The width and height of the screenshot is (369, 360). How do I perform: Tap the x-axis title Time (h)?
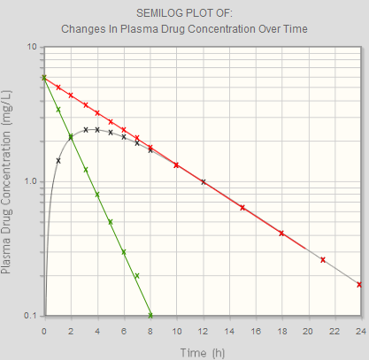[203, 352]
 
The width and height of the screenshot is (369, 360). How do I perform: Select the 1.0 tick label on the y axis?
[28, 181]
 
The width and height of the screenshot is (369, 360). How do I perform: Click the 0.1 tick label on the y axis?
[28, 316]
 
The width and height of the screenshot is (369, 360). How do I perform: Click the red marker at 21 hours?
[323, 259]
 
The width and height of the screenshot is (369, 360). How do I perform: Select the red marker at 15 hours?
[242, 207]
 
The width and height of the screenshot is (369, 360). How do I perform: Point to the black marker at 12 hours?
[204, 181]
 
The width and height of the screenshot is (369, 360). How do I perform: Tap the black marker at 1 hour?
[58, 160]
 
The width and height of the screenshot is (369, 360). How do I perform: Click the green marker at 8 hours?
[150, 315]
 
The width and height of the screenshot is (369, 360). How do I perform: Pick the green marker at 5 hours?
[111, 221]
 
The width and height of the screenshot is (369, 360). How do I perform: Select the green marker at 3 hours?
[85, 169]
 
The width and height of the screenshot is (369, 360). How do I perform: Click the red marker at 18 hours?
[281, 233]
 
